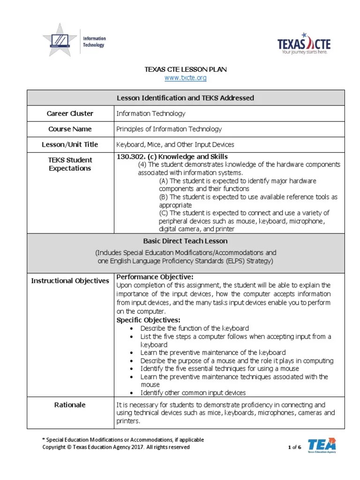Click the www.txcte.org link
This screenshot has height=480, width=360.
pyautogui.click(x=185, y=78)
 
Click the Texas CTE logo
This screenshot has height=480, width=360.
pyautogui.click(x=304, y=44)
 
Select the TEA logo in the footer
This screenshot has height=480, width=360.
pyautogui.click(x=322, y=445)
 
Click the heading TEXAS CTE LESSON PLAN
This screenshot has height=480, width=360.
pyautogui.click(x=185, y=69)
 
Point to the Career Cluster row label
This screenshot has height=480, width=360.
pyautogui.click(x=70, y=113)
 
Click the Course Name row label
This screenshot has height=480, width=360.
pyautogui.click(x=70, y=129)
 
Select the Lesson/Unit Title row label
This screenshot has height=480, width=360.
pyautogui.click(x=70, y=145)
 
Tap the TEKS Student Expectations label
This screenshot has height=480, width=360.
pyautogui.click(x=70, y=164)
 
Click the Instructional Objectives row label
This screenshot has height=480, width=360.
pyautogui.click(x=70, y=281)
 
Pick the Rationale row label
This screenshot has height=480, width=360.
pyautogui.click(x=70, y=405)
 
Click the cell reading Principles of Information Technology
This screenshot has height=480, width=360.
pyautogui.click(x=169, y=129)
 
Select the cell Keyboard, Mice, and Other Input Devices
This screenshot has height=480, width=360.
pyautogui.click(x=175, y=145)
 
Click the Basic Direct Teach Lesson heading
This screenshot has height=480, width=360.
pyautogui.click(x=185, y=241)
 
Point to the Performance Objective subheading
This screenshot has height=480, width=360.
pyautogui.click(x=154, y=277)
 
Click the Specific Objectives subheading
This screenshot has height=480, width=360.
pyautogui.click(x=148, y=320)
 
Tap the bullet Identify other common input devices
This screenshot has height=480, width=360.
pyautogui.click(x=193, y=393)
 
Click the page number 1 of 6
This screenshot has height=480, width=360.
pyautogui.click(x=294, y=447)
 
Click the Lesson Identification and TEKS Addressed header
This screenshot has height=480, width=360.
pyautogui.click(x=185, y=98)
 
